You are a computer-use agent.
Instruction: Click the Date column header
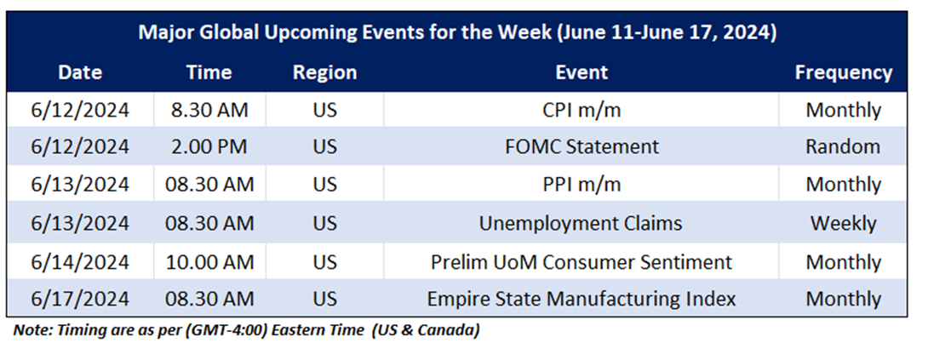coord(80,72)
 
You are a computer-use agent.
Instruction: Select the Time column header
coord(209,72)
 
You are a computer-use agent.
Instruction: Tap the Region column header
coord(325,73)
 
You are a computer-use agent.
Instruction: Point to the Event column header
coord(581,72)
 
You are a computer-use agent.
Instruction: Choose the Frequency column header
coord(844,73)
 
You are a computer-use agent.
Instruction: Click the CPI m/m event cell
coord(581,110)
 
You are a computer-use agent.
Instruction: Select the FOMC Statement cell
coord(581,147)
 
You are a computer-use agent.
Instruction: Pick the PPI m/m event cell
coord(581,185)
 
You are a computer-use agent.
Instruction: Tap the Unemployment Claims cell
coord(581,223)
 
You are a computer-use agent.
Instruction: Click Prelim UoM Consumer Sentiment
coord(581,262)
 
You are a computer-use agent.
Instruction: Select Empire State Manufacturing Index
coord(581,299)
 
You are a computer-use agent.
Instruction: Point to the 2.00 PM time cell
coord(209,147)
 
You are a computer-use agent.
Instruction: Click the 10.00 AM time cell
coord(209,262)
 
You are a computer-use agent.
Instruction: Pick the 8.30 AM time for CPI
coord(209,110)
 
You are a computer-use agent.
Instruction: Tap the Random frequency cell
coord(843,147)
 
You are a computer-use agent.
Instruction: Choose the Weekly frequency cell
coord(843,223)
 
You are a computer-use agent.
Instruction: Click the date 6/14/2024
coord(80,262)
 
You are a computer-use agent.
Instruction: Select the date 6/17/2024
coord(80,299)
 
